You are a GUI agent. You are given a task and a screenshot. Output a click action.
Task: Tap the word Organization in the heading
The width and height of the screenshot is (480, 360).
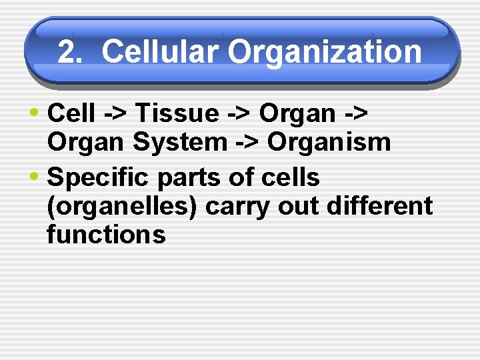pyautogui.click(x=325, y=51)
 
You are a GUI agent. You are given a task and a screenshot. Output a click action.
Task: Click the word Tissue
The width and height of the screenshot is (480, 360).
pyautogui.click(x=176, y=114)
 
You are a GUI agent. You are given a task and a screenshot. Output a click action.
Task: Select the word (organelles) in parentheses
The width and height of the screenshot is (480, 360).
pyautogui.click(x=122, y=207)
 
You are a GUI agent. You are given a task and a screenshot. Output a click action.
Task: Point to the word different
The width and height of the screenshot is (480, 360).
pyautogui.click(x=380, y=207)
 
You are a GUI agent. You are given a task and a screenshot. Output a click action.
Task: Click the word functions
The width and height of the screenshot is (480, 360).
pyautogui.click(x=106, y=235)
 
